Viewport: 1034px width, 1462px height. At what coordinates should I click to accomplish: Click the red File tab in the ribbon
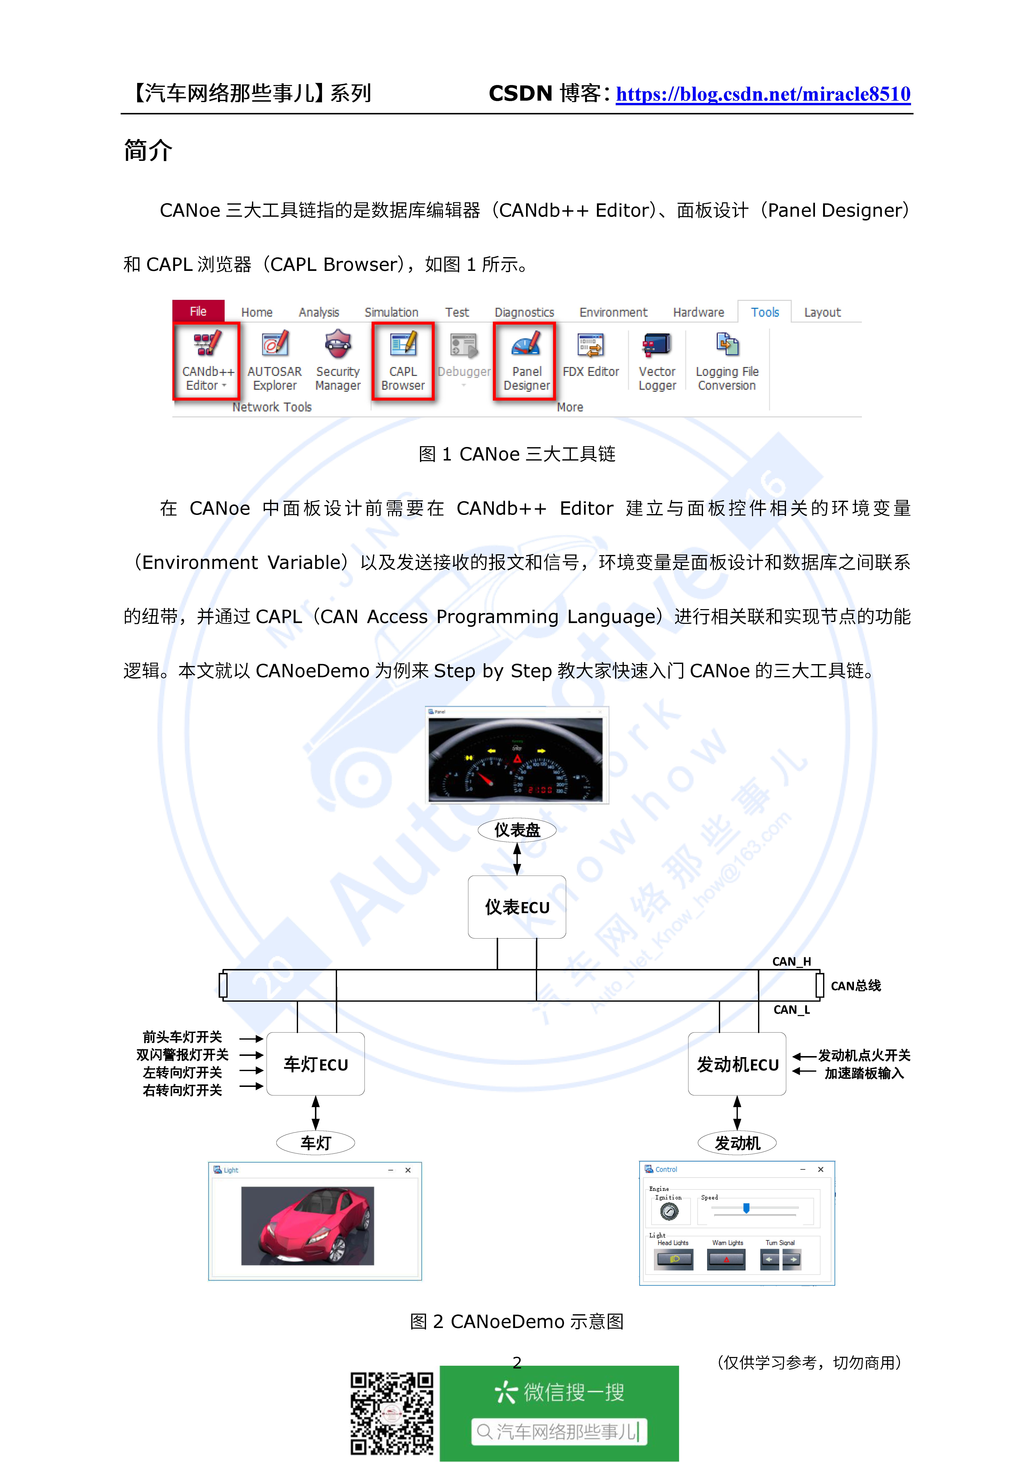tap(198, 311)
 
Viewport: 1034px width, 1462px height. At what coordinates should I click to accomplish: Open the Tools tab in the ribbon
tap(765, 312)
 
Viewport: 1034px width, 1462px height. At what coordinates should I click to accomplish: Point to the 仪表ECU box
tap(517, 907)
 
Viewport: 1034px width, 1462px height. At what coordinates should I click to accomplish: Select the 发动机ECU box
tap(737, 1064)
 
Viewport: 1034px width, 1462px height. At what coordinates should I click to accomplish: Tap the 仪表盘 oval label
tap(517, 830)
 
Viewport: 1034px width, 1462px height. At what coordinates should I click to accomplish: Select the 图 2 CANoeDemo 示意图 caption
tap(517, 1321)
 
